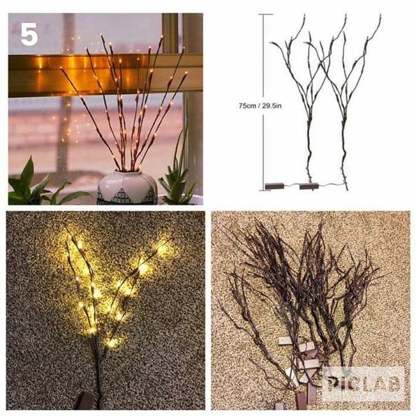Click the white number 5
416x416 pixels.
[x=29, y=34]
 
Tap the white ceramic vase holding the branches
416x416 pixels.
[x=127, y=188]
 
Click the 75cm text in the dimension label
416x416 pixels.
[x=247, y=106]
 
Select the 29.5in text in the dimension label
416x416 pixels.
[x=271, y=106]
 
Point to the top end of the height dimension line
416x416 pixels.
[x=264, y=14]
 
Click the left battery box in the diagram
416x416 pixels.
[x=275, y=186]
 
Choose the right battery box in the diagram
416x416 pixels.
[x=309, y=186]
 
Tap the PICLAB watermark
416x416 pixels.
[x=364, y=384]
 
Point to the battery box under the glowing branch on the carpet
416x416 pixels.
[x=84, y=401]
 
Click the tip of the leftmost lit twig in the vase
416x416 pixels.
[x=61, y=68]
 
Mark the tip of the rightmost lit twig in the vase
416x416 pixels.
[x=186, y=72]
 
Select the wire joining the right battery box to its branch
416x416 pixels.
[x=332, y=185]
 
